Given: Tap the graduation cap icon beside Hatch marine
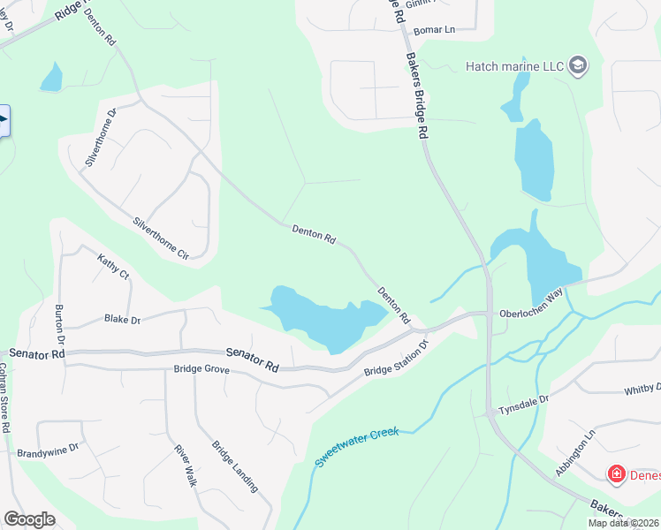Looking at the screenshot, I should tap(578, 66).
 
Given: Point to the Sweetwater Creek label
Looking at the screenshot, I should tap(358, 446).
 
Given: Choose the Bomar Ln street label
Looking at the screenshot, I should tap(433, 30).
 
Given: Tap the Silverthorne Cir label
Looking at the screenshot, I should tap(161, 238).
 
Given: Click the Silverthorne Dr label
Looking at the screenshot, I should tap(101, 138).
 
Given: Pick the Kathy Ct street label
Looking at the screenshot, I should tap(113, 266).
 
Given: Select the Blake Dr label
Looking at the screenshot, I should tap(123, 319).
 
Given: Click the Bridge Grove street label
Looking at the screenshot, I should tap(201, 369).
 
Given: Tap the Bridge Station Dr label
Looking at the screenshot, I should tap(396, 358).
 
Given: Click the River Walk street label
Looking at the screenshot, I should tap(184, 465).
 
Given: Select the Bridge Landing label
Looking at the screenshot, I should tap(234, 466).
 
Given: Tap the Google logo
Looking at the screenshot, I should tap(29, 519).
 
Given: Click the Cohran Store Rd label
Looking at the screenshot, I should tap(5, 397).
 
